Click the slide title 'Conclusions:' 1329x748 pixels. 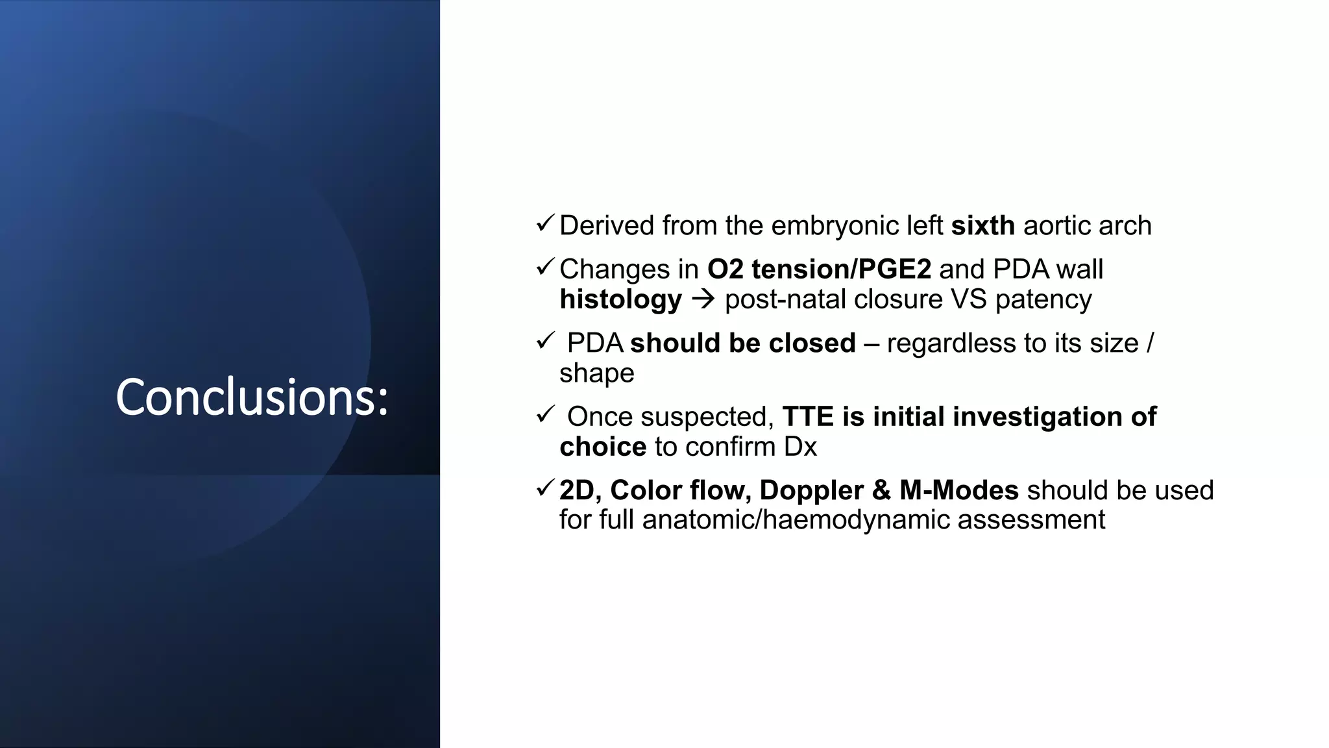pos(252,397)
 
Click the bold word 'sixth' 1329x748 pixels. pos(982,226)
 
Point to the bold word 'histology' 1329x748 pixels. pos(620,300)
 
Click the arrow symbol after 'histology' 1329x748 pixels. pos(703,300)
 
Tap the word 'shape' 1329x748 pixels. pos(596,373)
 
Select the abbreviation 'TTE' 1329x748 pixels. pos(808,417)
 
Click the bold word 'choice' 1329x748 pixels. pos(603,447)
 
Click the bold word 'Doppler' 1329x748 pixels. pos(811,490)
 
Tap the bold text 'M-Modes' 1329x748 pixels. pos(958,490)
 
